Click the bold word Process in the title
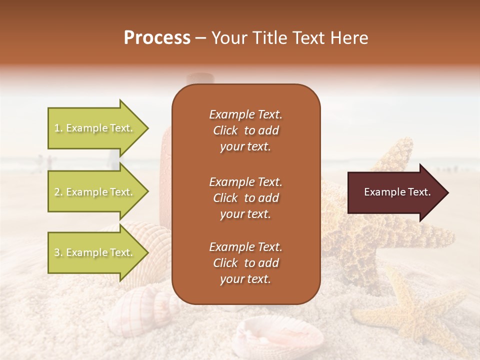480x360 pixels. click(x=157, y=38)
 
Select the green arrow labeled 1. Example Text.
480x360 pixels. click(x=95, y=128)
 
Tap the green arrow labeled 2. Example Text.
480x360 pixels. click(x=95, y=192)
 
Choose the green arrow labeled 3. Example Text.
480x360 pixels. click(x=95, y=252)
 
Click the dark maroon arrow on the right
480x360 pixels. click(x=395, y=192)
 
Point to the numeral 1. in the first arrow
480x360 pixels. click(x=58, y=128)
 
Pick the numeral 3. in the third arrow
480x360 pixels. click(x=58, y=253)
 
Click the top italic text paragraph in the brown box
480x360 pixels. click(x=245, y=130)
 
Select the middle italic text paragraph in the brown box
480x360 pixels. click(x=245, y=197)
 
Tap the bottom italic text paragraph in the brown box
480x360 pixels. click(x=245, y=263)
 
